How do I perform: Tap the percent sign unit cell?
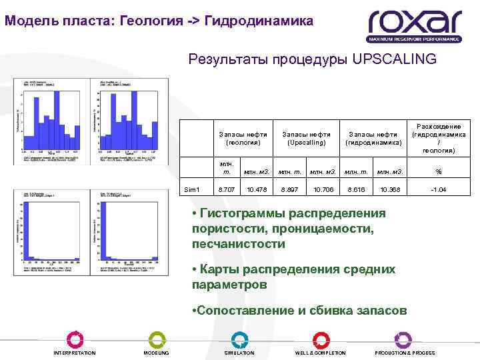point(439,171)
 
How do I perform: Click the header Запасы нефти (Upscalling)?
point(306,138)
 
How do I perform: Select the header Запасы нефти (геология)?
point(243,138)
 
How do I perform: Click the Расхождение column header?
point(439,138)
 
